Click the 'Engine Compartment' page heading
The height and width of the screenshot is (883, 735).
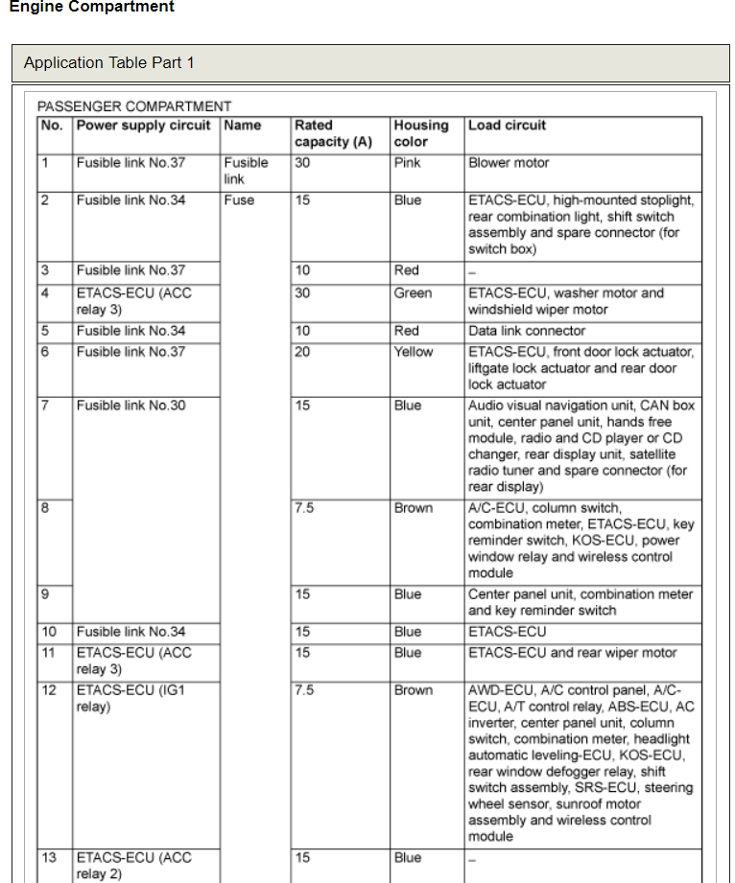coord(92,8)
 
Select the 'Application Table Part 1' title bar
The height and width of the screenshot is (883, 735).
coord(109,63)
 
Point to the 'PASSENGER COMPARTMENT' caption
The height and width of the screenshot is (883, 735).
coord(134,106)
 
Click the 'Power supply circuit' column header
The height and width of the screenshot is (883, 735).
coord(143,126)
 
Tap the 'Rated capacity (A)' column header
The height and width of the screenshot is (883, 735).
coord(333,133)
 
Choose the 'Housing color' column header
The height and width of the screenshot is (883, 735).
coord(421,133)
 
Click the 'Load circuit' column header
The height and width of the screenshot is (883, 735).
coord(508,126)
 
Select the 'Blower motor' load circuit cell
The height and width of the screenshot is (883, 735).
coord(509,163)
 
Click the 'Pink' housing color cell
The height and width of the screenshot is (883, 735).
coord(408,163)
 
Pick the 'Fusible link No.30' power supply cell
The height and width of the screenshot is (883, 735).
coord(131,406)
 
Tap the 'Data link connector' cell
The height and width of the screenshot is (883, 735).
coord(527,331)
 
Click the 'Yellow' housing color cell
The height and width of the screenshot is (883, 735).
coord(414,352)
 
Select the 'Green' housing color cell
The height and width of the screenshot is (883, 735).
coord(413,293)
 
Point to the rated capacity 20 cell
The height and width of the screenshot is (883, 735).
coord(303,352)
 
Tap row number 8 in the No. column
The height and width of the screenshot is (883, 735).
coord(45,508)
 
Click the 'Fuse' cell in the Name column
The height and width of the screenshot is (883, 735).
coord(240,200)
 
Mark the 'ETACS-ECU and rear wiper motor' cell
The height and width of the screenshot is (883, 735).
coord(573,653)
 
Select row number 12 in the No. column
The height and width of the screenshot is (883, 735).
coord(49,690)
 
